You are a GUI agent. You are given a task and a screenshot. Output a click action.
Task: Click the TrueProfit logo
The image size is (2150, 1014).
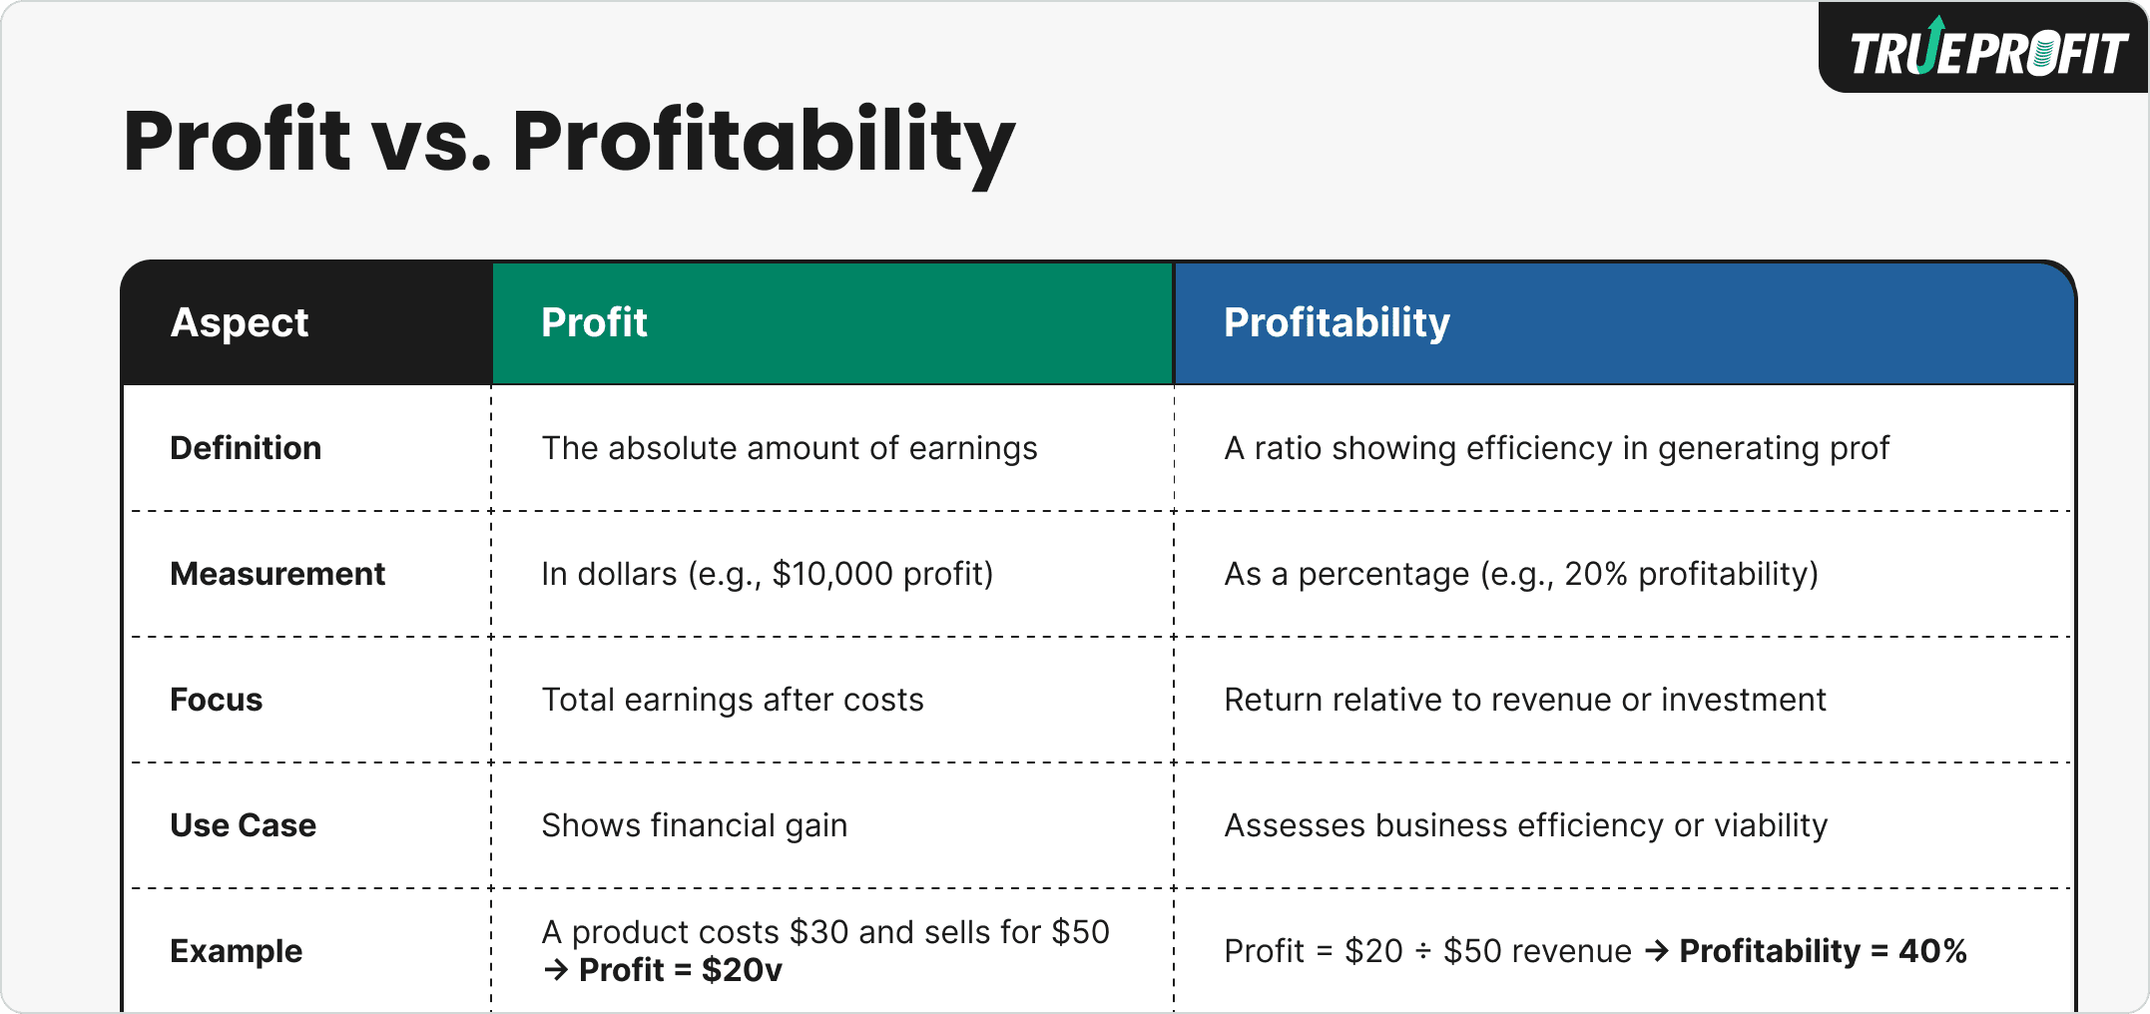pyautogui.click(x=1987, y=50)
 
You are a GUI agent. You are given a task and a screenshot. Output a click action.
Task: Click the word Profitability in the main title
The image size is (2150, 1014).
pyautogui.click(x=764, y=142)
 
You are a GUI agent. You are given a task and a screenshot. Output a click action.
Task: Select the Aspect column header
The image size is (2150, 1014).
pyautogui.click(x=240, y=322)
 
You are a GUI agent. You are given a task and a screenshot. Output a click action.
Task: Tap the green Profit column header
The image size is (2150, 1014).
pyautogui.click(x=594, y=322)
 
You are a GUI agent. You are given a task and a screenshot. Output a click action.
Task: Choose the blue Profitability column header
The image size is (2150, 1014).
pyautogui.click(x=1337, y=322)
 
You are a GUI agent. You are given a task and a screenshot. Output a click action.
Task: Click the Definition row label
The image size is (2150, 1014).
pyautogui.click(x=246, y=448)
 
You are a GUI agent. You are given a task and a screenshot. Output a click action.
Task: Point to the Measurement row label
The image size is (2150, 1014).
pyautogui.click(x=277, y=574)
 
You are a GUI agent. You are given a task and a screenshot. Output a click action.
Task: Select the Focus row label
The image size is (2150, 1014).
pyautogui.click(x=216, y=700)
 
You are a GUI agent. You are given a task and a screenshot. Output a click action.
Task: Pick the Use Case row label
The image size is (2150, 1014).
pyautogui.click(x=243, y=825)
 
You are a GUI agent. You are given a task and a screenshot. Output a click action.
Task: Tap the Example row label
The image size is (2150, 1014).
pyautogui.click(x=236, y=951)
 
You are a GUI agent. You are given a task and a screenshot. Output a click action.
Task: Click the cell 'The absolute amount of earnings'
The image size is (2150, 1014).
pyautogui.click(x=789, y=448)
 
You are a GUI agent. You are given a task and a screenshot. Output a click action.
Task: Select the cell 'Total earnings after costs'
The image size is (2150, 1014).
pyautogui.click(x=732, y=700)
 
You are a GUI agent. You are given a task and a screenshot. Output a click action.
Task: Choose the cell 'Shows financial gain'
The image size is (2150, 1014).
pyautogui.click(x=694, y=825)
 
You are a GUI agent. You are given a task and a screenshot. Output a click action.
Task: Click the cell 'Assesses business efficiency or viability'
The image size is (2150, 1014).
pyautogui.click(x=1525, y=825)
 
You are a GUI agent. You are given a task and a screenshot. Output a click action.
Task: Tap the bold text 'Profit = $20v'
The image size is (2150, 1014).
pyautogui.click(x=680, y=970)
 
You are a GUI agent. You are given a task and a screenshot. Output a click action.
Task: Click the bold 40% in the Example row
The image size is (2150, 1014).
pyautogui.click(x=1932, y=951)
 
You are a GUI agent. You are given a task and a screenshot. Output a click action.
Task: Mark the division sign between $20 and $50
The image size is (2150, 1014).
pyautogui.click(x=1423, y=952)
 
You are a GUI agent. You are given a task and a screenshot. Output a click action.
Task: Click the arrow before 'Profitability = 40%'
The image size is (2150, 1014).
pyautogui.click(x=1656, y=951)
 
